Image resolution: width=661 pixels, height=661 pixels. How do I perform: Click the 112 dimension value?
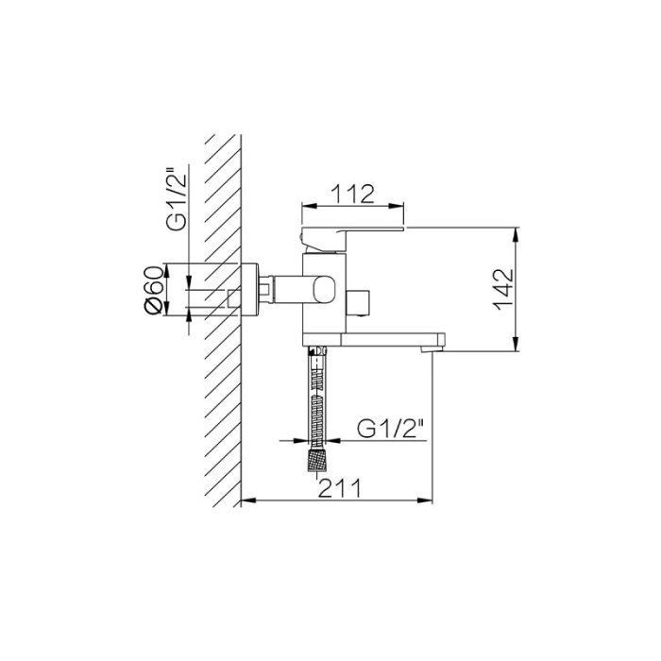(x=352, y=194)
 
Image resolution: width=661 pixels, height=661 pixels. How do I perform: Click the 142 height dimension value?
(x=504, y=289)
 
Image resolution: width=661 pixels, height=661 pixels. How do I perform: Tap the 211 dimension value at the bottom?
(x=340, y=488)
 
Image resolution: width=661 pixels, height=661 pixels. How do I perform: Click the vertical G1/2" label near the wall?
(x=176, y=199)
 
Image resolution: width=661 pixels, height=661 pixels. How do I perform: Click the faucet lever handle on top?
(x=352, y=240)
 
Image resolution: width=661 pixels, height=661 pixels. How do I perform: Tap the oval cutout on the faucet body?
(x=323, y=290)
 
